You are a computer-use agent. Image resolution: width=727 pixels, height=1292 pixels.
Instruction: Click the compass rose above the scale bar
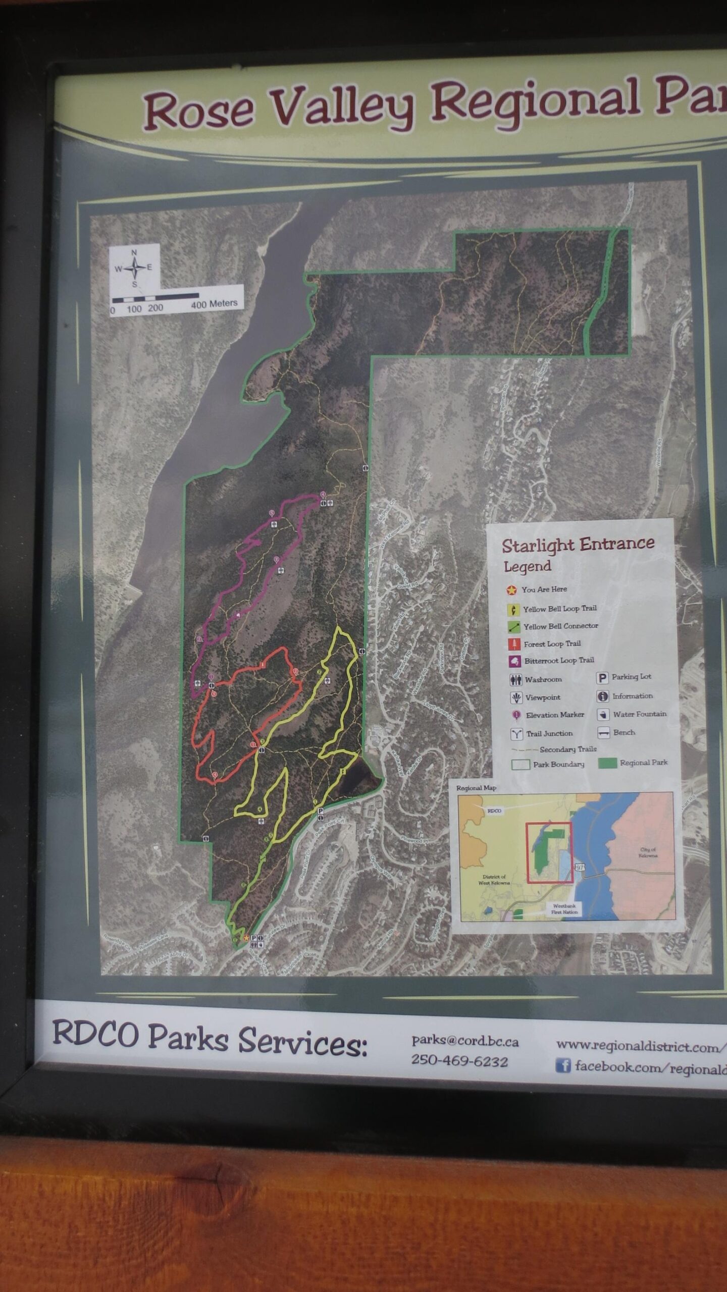pos(134,268)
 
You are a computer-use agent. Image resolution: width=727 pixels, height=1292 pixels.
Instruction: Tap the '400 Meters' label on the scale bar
pos(214,304)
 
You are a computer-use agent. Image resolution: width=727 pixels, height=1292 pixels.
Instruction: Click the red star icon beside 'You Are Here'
pos(512,589)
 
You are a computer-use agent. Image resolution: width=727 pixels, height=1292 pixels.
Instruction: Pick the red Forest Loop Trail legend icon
pos(514,644)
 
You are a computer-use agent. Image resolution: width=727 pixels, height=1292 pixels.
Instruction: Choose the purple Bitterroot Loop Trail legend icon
pos(515,661)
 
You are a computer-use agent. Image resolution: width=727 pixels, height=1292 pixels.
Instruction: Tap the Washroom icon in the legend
pos(515,680)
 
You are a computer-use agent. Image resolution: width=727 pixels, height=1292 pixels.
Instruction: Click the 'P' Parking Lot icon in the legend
pos(602,678)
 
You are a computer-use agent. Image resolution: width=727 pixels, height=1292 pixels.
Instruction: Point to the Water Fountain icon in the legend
pos(603,715)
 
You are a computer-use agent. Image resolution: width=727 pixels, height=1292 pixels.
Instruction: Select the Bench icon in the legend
pos(603,733)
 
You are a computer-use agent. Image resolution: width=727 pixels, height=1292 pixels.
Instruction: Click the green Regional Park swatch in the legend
pos(607,763)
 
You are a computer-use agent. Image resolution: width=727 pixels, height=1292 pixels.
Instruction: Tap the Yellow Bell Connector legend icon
pos(513,627)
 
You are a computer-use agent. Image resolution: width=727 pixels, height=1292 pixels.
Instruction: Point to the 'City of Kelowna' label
pos(647,852)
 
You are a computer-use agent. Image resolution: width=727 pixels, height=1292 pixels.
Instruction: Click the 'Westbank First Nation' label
pos(564,908)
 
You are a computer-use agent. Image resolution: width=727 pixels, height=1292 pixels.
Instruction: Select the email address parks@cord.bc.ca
pos(464,1041)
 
